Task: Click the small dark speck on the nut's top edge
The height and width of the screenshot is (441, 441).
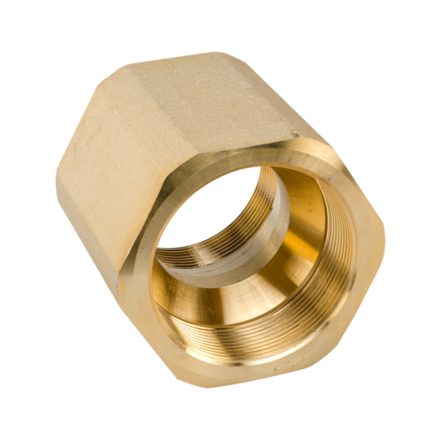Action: pyautogui.click(x=293, y=133)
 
